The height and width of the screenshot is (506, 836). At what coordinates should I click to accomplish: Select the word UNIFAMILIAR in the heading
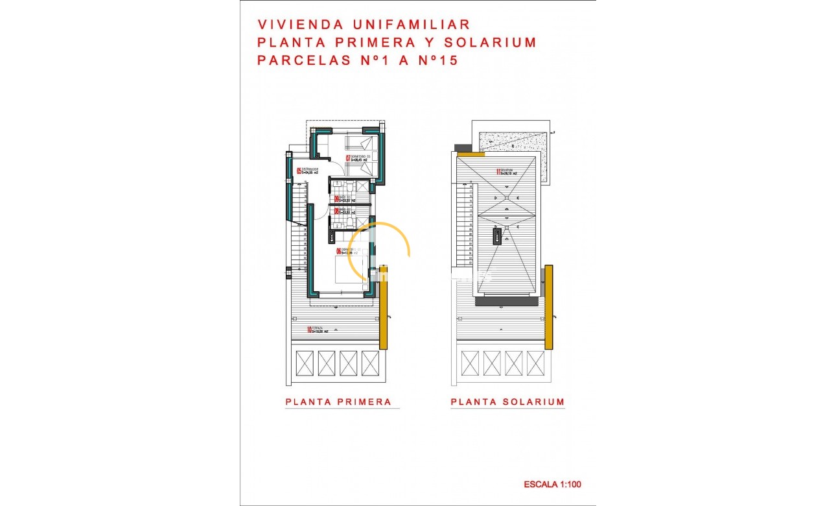click(406, 25)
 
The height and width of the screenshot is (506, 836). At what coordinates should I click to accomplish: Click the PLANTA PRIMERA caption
click(339, 402)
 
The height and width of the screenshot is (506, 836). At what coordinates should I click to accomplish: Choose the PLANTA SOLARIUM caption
click(507, 402)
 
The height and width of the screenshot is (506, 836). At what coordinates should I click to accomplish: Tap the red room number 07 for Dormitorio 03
click(347, 158)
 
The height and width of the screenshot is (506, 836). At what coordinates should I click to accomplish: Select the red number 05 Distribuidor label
click(299, 172)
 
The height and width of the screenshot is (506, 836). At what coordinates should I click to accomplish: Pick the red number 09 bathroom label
click(337, 199)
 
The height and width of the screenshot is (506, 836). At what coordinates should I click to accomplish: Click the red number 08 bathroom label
click(337, 211)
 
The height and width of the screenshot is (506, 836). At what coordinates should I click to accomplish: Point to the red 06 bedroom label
click(338, 251)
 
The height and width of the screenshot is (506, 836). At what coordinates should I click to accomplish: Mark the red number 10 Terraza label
click(310, 330)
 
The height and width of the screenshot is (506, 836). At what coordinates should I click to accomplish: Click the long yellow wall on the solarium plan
click(548, 305)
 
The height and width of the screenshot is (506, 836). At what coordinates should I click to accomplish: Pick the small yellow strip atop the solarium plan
click(470, 154)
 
